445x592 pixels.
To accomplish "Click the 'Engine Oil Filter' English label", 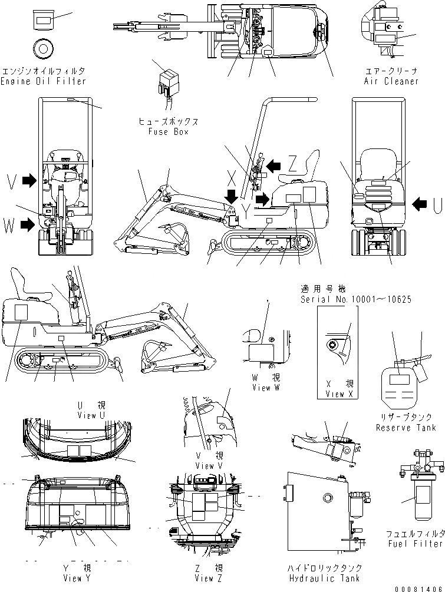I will tap(44, 81).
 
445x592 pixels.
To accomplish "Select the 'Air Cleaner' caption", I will tap(391, 81).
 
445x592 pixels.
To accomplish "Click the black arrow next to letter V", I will tap(28, 182).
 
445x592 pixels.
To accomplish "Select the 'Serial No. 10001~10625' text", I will tap(355, 299).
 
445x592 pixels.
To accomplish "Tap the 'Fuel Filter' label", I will tap(414, 543).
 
